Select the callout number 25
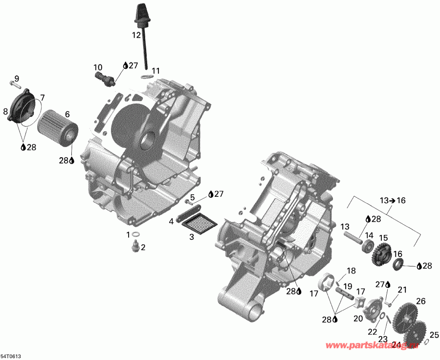[434, 335]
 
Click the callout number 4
[172, 221]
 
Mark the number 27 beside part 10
[133, 65]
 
